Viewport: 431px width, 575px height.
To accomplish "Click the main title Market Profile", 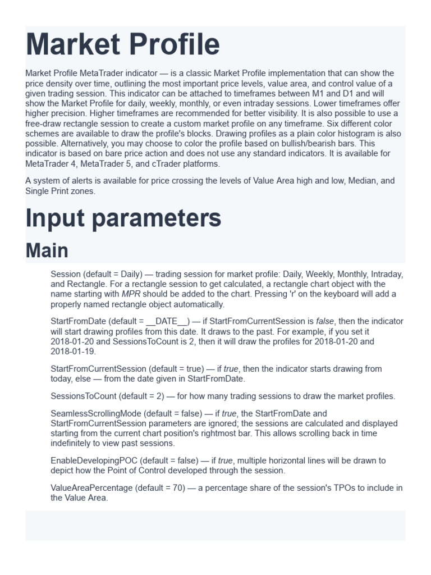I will [122, 45].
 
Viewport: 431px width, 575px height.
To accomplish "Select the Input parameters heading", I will [123, 218].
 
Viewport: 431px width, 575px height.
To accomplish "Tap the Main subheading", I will [47, 250].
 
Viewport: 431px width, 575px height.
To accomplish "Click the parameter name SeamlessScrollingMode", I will [96, 413].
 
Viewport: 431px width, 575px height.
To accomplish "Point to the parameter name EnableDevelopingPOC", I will [90, 460].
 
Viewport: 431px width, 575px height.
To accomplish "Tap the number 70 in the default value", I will [178, 487].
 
